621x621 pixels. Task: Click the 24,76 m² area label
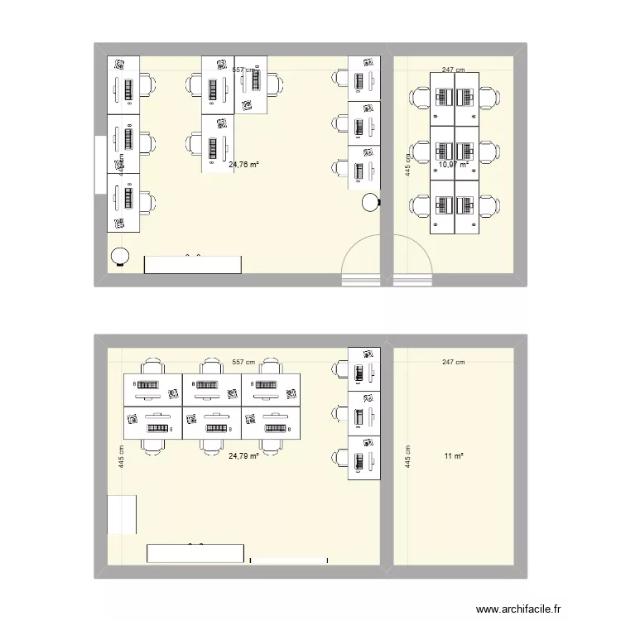(x=243, y=164)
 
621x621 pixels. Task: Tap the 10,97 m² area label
(x=454, y=164)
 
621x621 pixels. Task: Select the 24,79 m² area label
(x=243, y=455)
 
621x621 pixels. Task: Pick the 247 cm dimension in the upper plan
(x=453, y=70)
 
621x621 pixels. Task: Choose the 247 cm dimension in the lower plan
(x=453, y=362)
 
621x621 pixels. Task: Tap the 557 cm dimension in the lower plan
(x=243, y=362)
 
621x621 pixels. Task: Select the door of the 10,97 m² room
(x=412, y=258)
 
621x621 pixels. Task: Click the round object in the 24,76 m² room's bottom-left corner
(x=120, y=258)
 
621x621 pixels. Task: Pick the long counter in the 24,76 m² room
(x=193, y=264)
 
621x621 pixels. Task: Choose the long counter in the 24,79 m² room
(x=195, y=553)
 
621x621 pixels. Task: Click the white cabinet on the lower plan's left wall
(x=122, y=514)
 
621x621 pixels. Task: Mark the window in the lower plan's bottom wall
(x=289, y=561)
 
